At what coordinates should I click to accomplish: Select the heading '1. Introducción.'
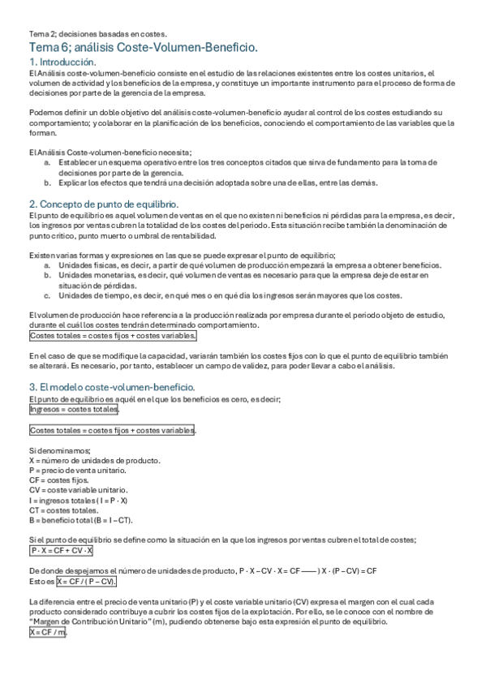click(63, 62)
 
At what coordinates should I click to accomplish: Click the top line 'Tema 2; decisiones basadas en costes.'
click(97, 34)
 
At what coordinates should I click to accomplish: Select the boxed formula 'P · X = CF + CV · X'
click(61, 551)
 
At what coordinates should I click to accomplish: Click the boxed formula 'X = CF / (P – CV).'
click(86, 582)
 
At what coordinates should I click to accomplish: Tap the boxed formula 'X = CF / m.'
click(48, 632)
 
